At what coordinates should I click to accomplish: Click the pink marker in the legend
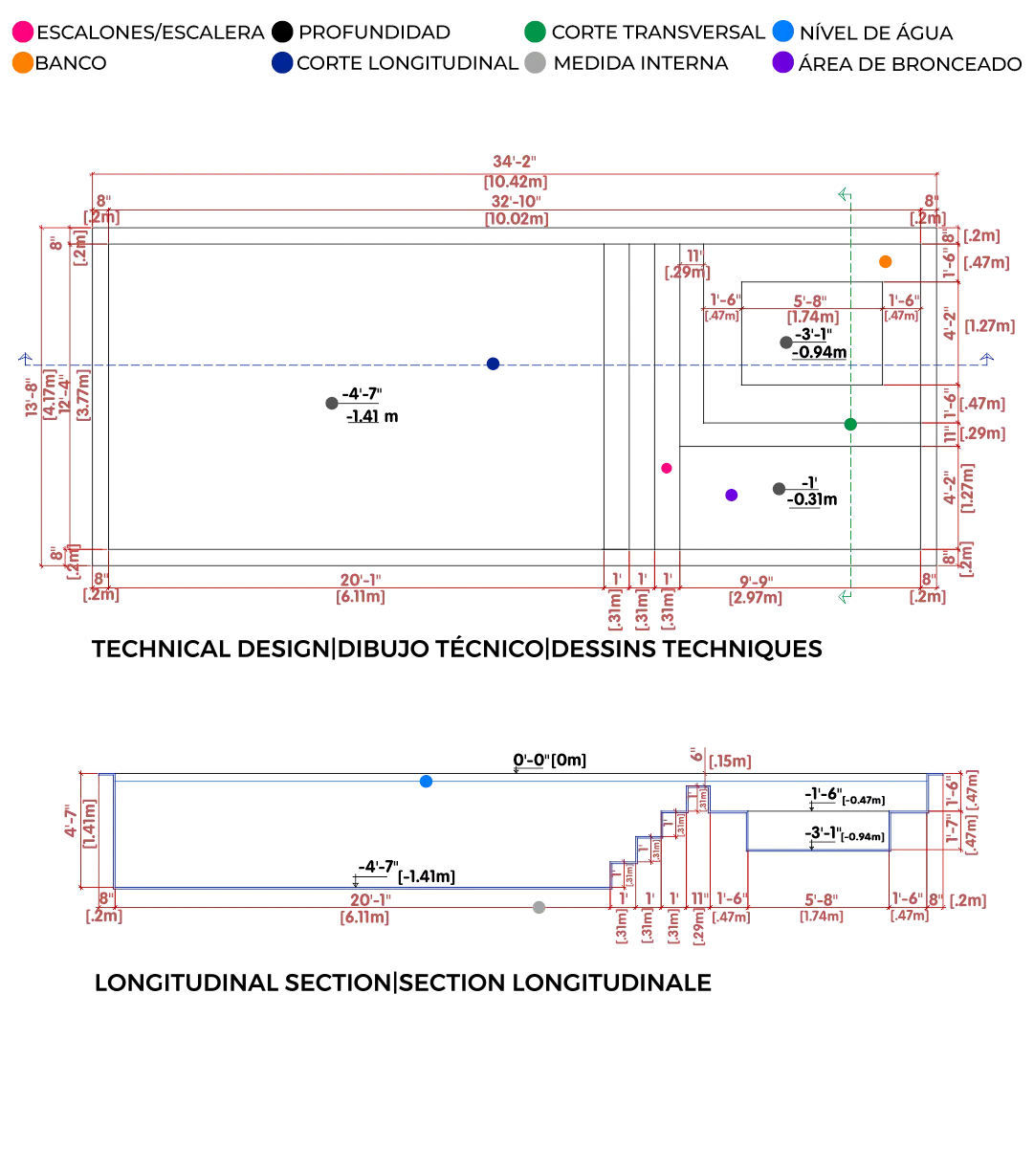pos(22,33)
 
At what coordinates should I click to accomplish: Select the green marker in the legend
pos(536,33)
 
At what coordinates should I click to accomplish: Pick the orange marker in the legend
pos(22,64)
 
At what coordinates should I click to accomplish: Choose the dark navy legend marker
pos(282,64)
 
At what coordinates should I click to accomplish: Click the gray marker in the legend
pos(536,64)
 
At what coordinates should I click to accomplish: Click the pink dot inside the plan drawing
pos(667,468)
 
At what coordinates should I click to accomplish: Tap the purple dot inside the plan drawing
pos(732,495)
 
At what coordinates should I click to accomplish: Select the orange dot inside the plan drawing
pos(886,261)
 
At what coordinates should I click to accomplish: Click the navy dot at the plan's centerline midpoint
pos(493,364)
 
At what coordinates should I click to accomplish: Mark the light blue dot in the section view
pos(427,782)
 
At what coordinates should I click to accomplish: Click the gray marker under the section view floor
pos(539,908)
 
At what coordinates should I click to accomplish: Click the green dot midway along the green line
pos(849,424)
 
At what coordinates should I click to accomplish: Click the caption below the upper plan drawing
pos(454,647)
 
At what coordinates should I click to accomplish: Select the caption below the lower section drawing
pos(402,983)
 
